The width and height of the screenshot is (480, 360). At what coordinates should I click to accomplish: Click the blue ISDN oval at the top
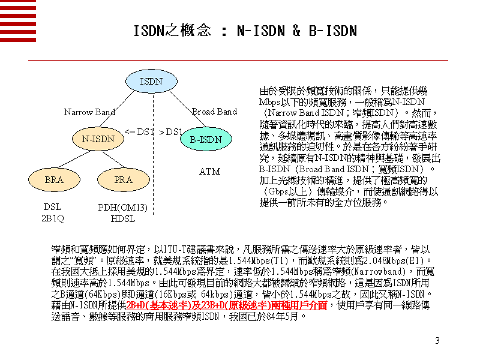pos(150,81)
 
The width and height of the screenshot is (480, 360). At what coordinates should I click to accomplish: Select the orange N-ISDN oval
pos(94,139)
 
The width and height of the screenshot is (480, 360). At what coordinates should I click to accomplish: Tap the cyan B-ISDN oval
pos(206,139)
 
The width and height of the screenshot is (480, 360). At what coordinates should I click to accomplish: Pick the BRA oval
pos(54,179)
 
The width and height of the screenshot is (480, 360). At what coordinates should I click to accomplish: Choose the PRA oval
pos(123,179)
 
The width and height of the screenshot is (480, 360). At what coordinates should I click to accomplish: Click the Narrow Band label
pos(89,112)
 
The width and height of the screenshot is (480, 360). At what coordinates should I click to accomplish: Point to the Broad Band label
pos(214,112)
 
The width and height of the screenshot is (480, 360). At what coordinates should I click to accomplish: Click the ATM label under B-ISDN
pos(209,172)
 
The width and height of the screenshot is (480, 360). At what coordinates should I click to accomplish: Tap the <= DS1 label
pos(139,131)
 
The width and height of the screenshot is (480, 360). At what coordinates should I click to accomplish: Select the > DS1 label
pos(171,131)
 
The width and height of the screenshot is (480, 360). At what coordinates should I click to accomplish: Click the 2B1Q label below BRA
pos(52,218)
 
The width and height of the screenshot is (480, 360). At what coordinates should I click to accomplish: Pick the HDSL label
pos(123,218)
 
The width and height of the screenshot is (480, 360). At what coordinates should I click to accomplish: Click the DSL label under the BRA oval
pos(52,208)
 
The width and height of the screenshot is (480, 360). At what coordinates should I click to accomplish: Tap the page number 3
pos(437,341)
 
